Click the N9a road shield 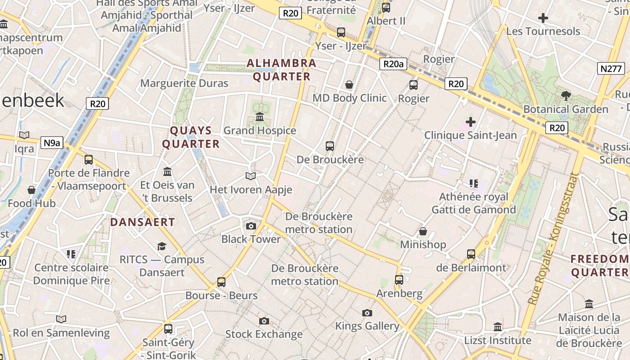click(52, 143)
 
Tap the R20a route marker click(393, 64)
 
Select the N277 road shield click(611, 69)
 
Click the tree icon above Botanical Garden click(566, 95)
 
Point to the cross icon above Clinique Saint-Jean click(471, 121)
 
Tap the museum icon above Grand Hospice click(260, 117)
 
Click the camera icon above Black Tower click(251, 226)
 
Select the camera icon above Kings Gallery click(367, 313)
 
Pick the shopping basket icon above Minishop click(423, 231)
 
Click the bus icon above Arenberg click(399, 280)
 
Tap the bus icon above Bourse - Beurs click(221, 282)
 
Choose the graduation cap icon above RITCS click(162, 246)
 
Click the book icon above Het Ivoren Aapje click(251, 176)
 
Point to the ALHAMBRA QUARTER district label click(282, 70)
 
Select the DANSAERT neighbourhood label click(143, 222)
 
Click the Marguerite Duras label click(184, 83)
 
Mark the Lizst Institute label click(498, 340)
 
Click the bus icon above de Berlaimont click(471, 254)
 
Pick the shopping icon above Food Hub click(31, 190)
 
